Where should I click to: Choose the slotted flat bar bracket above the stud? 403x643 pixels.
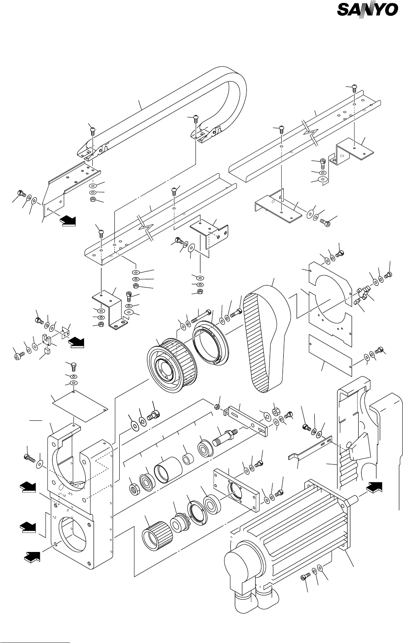click(x=246, y=420)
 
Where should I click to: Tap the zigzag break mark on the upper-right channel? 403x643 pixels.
click(x=310, y=133)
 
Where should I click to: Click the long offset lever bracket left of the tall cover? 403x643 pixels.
click(x=310, y=448)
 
